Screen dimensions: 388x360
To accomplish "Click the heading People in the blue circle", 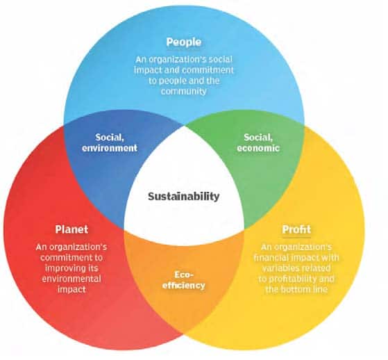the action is (184, 42).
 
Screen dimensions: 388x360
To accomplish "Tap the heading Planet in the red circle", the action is (71, 229).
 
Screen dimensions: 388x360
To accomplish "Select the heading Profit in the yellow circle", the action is (296, 229).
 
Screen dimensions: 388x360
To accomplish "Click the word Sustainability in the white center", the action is (184, 197).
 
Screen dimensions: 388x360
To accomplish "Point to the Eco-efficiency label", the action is (184, 280).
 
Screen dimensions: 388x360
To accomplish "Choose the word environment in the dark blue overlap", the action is (110, 148).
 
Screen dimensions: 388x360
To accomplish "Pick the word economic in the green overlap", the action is (258, 148).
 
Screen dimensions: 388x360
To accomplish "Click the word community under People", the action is (184, 91).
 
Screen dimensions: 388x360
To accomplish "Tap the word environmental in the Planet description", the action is (71, 279).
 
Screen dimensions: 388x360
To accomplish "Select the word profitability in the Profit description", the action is (292, 279).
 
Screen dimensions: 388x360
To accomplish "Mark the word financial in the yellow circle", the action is (270, 258).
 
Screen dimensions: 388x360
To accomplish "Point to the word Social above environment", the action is (110, 138).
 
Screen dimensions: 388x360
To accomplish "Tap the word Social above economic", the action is (258, 138).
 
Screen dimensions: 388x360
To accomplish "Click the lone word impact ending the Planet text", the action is (71, 290).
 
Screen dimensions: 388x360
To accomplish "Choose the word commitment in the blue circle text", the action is (209, 70).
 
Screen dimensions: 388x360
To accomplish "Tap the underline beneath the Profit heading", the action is (296, 238).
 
